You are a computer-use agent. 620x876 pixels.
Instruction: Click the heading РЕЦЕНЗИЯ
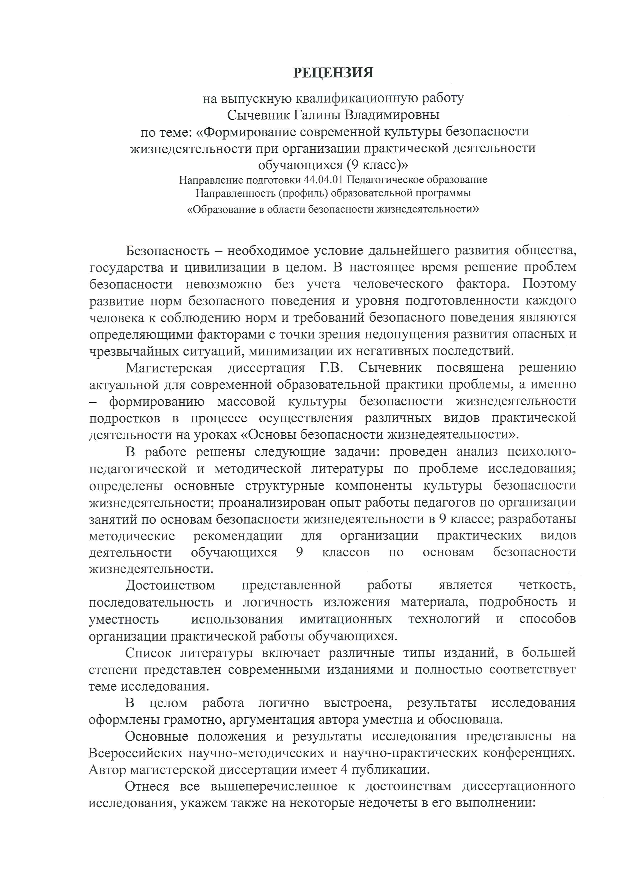(333, 72)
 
